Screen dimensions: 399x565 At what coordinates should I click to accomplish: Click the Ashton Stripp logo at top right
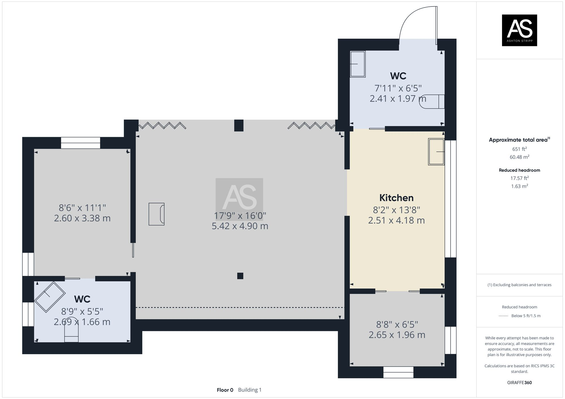[x=519, y=30]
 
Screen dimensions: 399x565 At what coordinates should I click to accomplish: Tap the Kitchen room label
[x=396, y=198]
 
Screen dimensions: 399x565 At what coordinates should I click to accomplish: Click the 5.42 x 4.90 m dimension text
[x=240, y=226]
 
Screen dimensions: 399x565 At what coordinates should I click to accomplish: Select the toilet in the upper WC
[x=433, y=102]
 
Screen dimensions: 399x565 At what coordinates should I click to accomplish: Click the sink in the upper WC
[x=358, y=64]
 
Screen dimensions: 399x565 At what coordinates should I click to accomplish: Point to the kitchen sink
[x=436, y=152]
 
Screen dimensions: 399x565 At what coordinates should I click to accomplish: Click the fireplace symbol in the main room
[x=157, y=214]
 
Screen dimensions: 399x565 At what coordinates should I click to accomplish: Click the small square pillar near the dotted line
[x=240, y=276]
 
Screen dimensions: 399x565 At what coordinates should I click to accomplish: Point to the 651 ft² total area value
[x=519, y=149]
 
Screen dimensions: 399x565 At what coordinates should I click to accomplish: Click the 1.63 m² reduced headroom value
[x=519, y=186]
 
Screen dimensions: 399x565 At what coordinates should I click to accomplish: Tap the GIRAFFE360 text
[x=519, y=383]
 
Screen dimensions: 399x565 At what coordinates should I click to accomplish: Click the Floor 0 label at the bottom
[x=225, y=390]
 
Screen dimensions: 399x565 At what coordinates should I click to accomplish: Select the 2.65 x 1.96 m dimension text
[x=397, y=335]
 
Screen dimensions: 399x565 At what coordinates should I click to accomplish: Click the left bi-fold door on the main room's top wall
[x=162, y=125]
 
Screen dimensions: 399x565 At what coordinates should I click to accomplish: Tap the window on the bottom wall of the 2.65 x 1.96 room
[x=398, y=372]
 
